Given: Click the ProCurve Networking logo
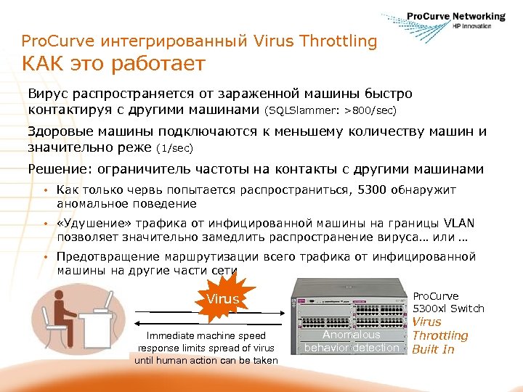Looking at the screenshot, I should pos(444,21).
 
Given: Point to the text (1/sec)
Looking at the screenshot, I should pos(175,147).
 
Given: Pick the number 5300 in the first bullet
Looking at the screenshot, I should pos(374,190).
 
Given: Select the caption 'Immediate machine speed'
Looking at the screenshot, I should pos(206,336).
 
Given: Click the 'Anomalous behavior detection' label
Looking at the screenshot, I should pos(352,341).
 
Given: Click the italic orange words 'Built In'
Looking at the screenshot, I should pos(433,349).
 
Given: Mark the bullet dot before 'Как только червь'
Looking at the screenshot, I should pos(44,190).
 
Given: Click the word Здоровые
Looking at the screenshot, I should pos(61,132).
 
